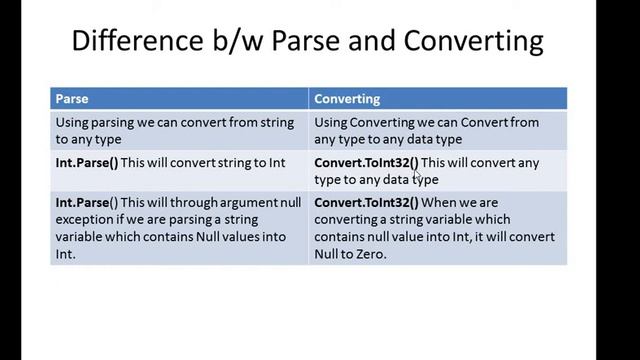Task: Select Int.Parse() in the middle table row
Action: (x=88, y=162)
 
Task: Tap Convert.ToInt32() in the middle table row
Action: (x=366, y=162)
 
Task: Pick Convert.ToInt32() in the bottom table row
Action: (x=366, y=203)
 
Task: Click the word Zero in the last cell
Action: (x=369, y=254)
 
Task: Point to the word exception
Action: (x=87, y=220)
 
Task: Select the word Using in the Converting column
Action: (x=332, y=122)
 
